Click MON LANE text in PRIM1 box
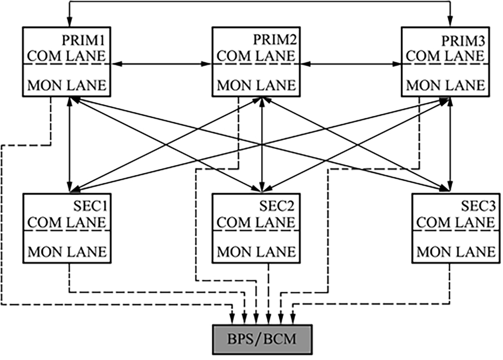pyautogui.click(x=67, y=85)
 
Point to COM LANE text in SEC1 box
pyautogui.click(x=67, y=222)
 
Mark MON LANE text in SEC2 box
pyautogui.click(x=257, y=251)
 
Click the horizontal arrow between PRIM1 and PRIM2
pyautogui.click(x=161, y=64)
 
